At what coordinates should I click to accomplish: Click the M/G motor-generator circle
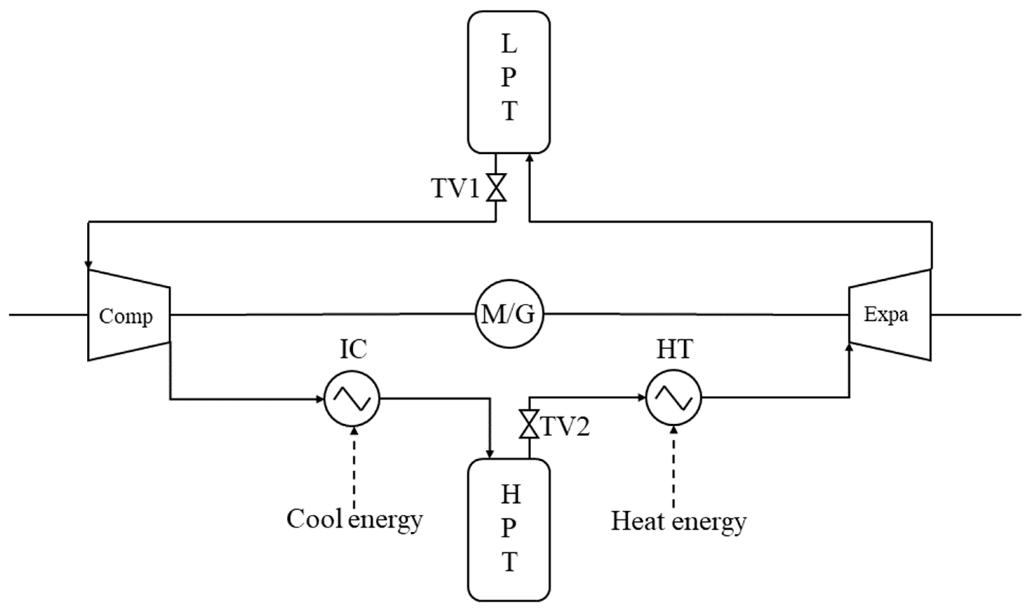click(509, 314)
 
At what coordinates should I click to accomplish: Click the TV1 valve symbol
click(496, 187)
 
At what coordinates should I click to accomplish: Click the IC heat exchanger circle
click(352, 398)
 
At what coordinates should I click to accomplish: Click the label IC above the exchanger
click(353, 349)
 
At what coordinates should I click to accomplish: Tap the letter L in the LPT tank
click(509, 44)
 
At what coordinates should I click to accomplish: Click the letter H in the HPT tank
click(510, 494)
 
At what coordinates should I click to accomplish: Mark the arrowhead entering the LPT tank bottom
click(530, 158)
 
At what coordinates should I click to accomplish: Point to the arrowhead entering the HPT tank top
click(490, 453)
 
